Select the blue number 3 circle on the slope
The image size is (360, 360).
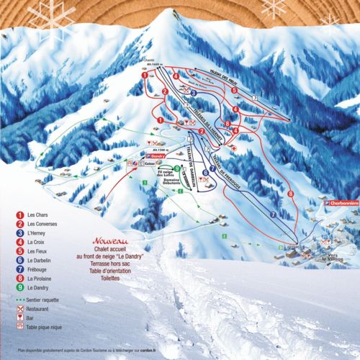tap(193, 92)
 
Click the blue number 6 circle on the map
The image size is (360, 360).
tap(205, 172)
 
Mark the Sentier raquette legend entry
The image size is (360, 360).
tap(43, 297)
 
